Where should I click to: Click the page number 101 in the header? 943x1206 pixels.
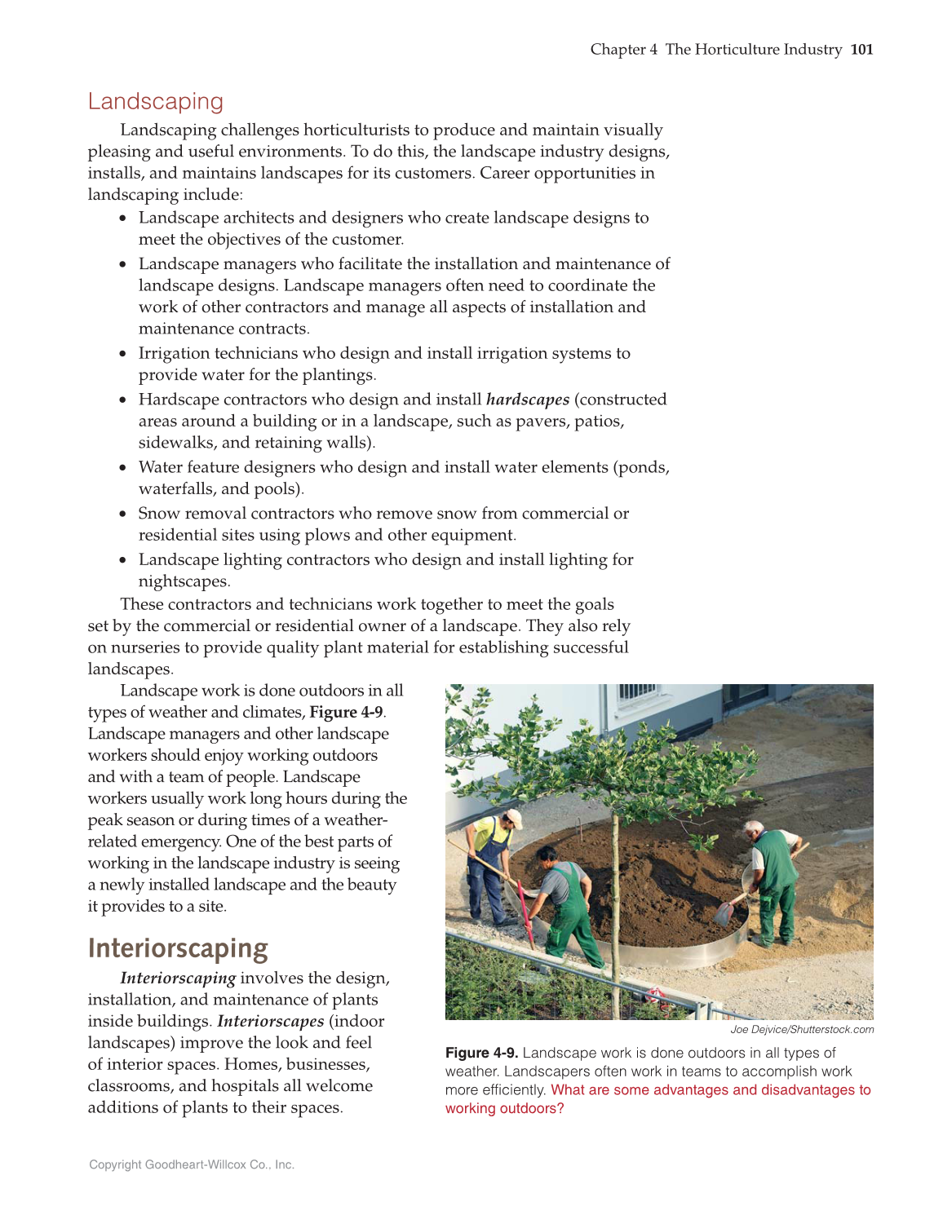[861, 50]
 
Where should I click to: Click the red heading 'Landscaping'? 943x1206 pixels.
[155, 101]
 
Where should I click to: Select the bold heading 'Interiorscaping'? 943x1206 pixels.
[178, 948]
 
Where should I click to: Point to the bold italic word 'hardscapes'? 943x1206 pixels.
[527, 400]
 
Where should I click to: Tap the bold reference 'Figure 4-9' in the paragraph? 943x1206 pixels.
[346, 712]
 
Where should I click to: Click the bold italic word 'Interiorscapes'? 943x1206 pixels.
[270, 1021]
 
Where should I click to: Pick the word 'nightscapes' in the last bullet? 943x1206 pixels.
[184, 581]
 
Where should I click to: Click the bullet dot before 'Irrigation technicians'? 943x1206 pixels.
[123, 354]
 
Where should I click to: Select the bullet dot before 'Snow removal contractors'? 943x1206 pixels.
[123, 515]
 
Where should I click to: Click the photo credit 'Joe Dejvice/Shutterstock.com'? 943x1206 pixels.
[802, 1029]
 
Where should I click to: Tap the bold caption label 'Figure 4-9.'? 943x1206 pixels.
[481, 1053]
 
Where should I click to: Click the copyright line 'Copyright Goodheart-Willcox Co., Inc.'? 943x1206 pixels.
[192, 1164]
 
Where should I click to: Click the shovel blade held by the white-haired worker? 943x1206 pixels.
[723, 913]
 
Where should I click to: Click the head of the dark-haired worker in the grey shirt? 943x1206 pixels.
[547, 855]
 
